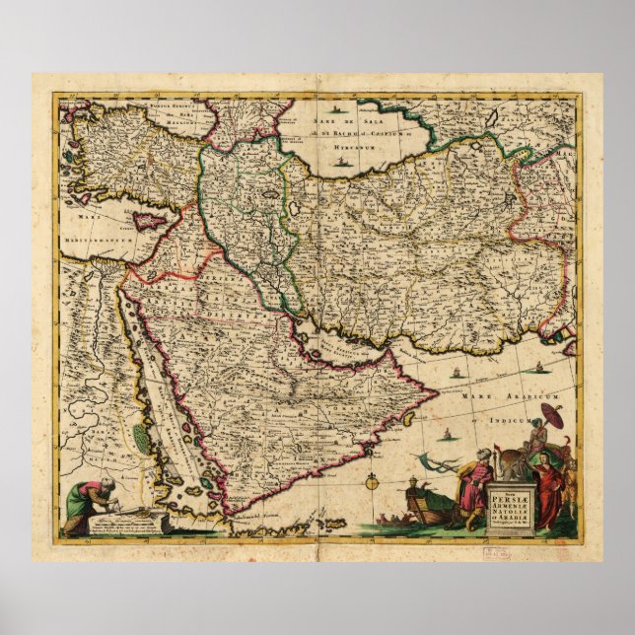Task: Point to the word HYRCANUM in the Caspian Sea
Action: pyautogui.click(x=340, y=144)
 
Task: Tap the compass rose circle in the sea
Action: pyautogui.click(x=372, y=482)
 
